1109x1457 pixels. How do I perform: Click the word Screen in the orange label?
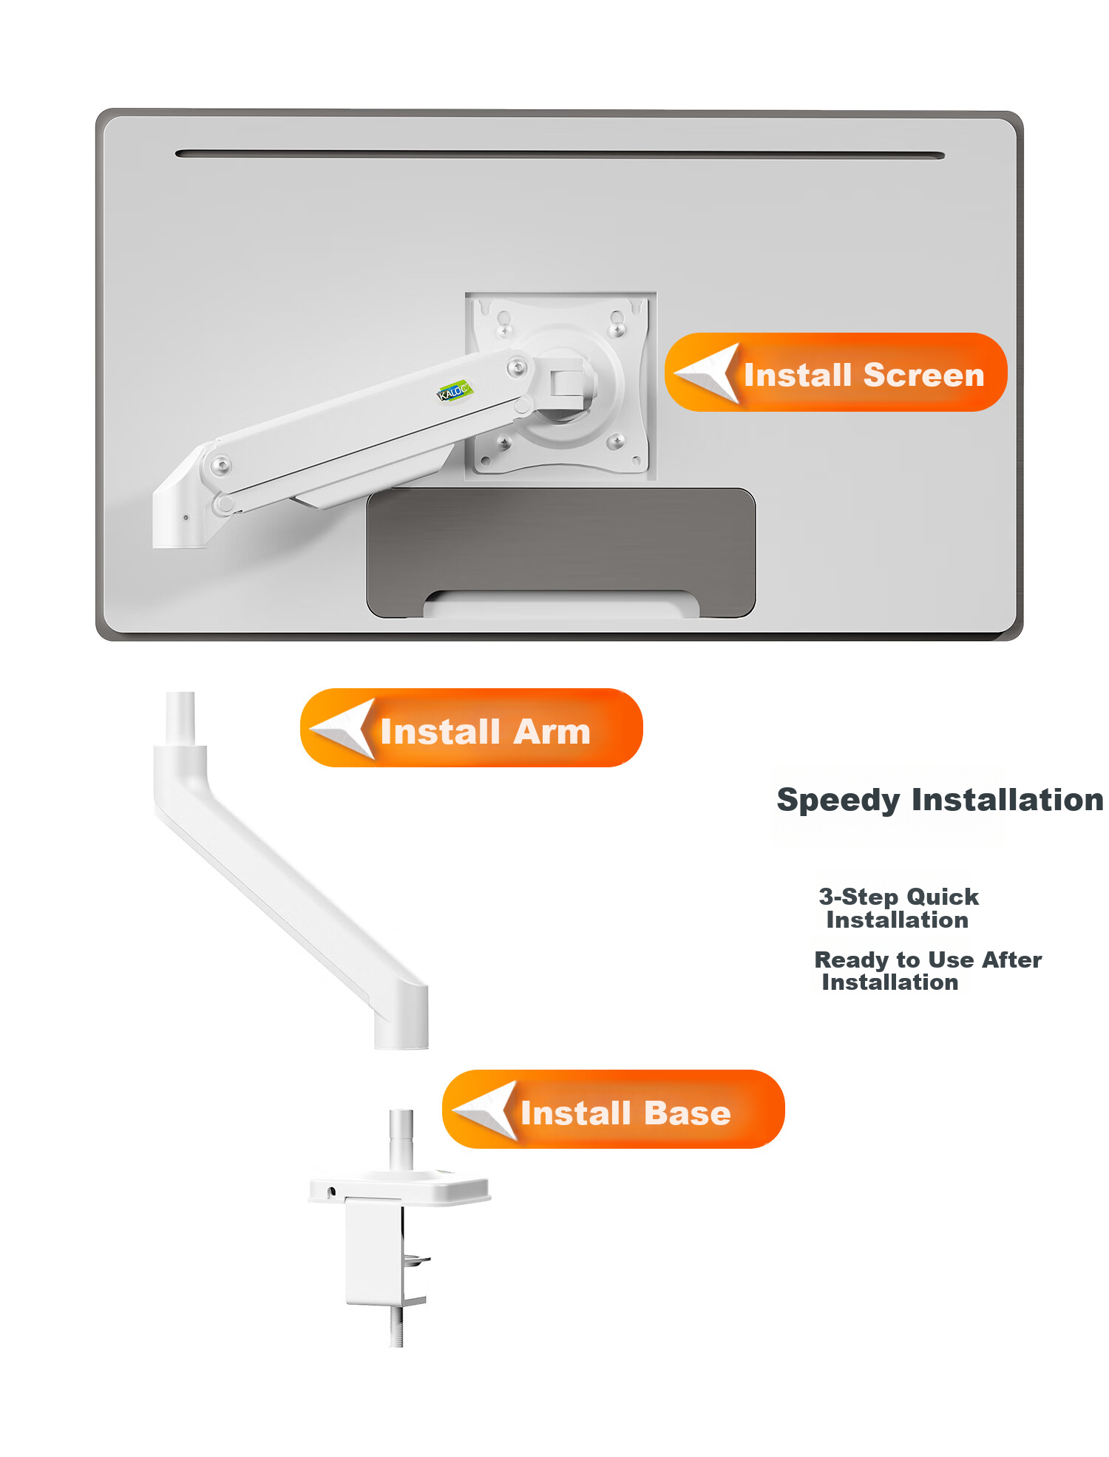pos(923,375)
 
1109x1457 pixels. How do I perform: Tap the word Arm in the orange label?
pos(552,732)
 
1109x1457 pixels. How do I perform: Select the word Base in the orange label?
pos(687,1113)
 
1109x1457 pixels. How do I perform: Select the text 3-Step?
pos(858,897)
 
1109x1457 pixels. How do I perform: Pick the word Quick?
pos(943,897)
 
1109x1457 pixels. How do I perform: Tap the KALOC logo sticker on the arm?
pos(453,391)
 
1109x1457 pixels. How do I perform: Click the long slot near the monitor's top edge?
pos(560,154)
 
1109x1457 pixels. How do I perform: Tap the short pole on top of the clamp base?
pos(401,1139)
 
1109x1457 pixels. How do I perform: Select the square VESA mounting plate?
pos(560,384)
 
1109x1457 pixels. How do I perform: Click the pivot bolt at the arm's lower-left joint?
pos(221,466)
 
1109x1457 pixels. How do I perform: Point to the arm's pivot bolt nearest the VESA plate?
pos(517,367)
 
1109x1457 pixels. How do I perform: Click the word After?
pos(1012,960)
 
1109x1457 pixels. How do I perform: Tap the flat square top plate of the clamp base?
pos(399,1186)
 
